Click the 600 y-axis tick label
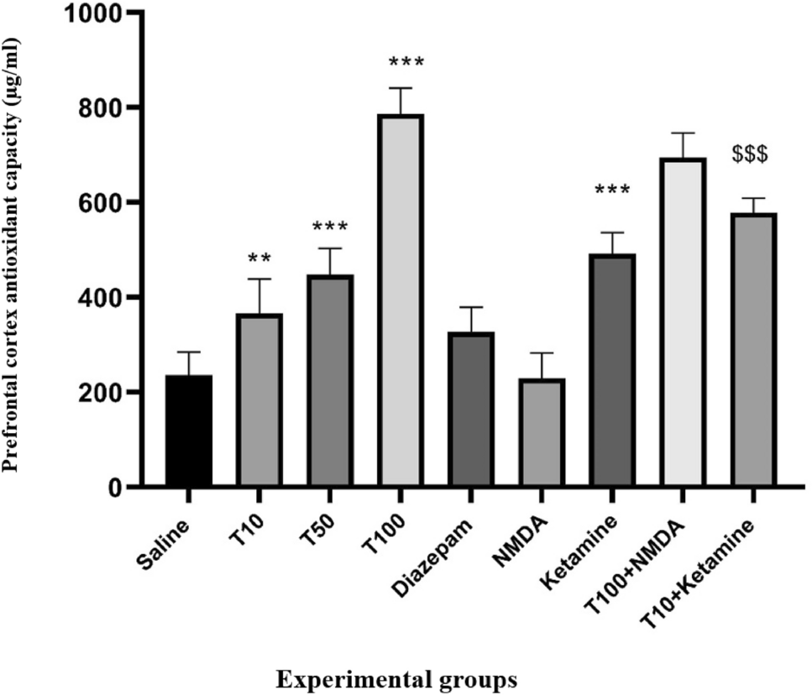click(106, 203)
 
